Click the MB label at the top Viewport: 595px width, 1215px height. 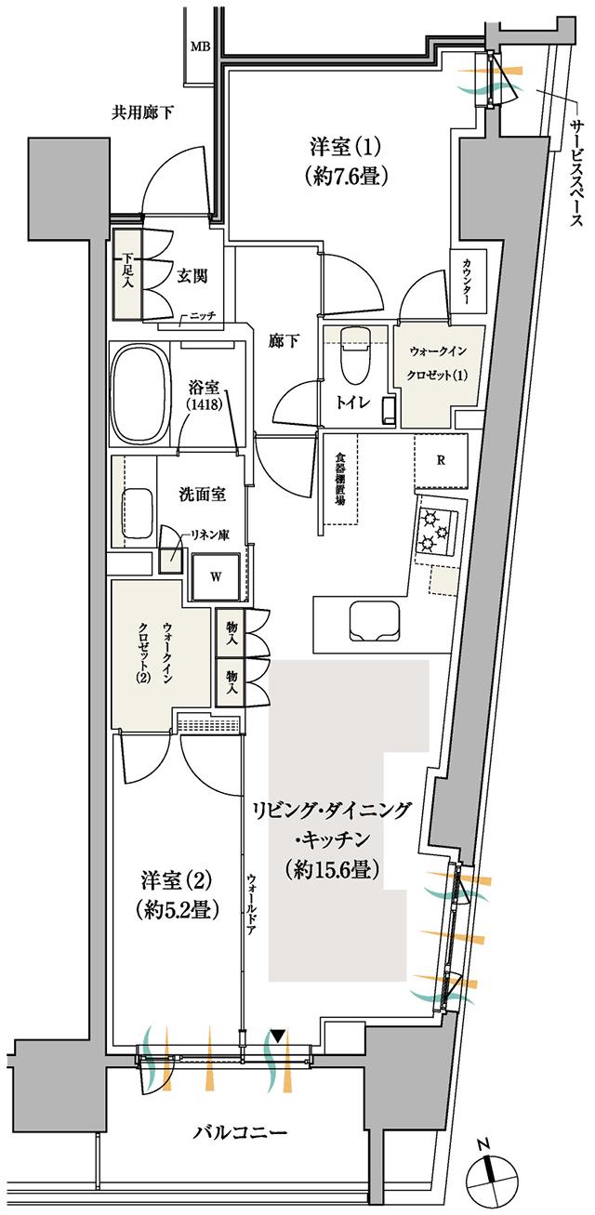click(200, 46)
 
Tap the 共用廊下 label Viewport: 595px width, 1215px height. click(144, 113)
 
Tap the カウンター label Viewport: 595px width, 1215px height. click(467, 282)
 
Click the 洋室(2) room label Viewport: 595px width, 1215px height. click(179, 893)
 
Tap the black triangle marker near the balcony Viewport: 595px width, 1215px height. click(278, 1036)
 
